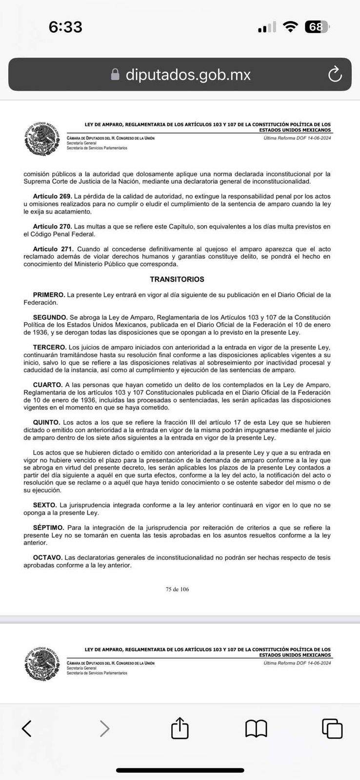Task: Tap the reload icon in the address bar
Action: click(x=335, y=75)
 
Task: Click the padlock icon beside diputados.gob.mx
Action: click(x=115, y=75)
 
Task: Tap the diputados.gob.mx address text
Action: click(x=188, y=75)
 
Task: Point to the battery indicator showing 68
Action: click(x=317, y=27)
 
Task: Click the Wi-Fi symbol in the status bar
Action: click(x=291, y=27)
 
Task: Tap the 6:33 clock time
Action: click(x=65, y=27)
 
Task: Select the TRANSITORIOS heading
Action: click(x=177, y=279)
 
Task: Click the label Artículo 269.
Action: click(x=53, y=196)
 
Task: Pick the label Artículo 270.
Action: click(x=53, y=227)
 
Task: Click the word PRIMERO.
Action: click(x=49, y=295)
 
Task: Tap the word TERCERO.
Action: click(x=49, y=348)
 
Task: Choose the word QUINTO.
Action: click(x=47, y=423)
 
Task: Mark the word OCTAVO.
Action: click(x=47, y=558)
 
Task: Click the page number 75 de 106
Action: click(x=177, y=589)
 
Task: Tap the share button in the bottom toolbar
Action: click(x=180, y=728)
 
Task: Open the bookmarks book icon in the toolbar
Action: click(x=256, y=729)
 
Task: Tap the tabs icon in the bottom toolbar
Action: click(x=332, y=728)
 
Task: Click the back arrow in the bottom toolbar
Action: click(x=27, y=728)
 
